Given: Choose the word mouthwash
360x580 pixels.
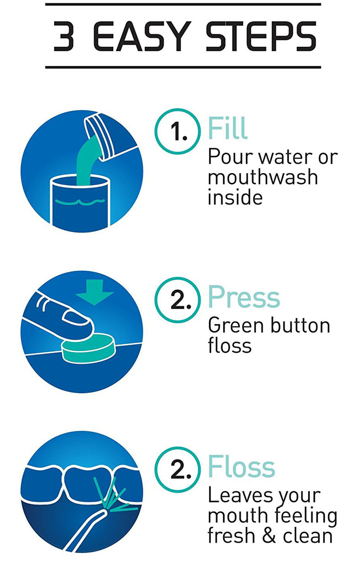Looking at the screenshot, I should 262,177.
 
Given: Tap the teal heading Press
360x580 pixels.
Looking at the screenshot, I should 243,297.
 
